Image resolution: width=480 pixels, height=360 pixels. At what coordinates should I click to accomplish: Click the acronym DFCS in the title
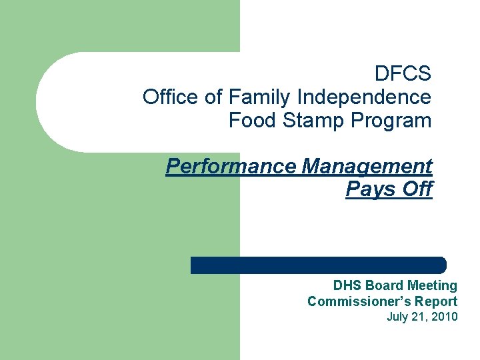click(403, 73)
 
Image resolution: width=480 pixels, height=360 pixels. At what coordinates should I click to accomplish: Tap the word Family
click(260, 97)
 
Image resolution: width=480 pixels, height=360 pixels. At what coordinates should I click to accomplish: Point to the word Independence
click(364, 97)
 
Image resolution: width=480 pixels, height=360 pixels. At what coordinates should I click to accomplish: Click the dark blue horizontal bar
click(318, 265)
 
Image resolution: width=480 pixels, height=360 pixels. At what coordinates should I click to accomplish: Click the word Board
click(384, 286)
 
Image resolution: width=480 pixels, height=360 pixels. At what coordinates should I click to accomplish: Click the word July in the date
click(398, 317)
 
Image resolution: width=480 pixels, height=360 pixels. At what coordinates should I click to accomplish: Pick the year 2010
click(445, 317)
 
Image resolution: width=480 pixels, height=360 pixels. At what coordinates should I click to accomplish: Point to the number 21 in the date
click(420, 317)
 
